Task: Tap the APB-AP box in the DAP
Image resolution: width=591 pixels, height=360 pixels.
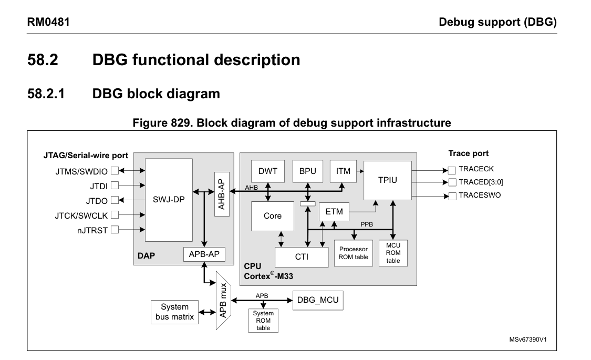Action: (203, 254)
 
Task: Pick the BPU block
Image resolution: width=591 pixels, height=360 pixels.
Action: (307, 171)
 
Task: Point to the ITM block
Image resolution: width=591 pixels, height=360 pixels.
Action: (343, 171)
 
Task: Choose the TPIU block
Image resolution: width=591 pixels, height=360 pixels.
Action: (387, 180)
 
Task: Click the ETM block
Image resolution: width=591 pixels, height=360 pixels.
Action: (334, 212)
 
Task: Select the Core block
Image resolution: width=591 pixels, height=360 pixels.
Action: (272, 215)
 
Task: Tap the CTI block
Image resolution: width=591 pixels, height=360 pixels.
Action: (301, 257)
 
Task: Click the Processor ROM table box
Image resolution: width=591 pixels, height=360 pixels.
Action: (352, 253)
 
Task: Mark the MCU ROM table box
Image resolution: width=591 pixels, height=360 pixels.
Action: (393, 253)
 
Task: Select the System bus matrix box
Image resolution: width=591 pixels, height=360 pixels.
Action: (175, 312)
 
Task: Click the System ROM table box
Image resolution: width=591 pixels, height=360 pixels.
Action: (263, 321)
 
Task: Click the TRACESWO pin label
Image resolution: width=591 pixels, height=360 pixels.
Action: (479, 195)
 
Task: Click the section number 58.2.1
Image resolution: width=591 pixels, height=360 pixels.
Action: (50, 95)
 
